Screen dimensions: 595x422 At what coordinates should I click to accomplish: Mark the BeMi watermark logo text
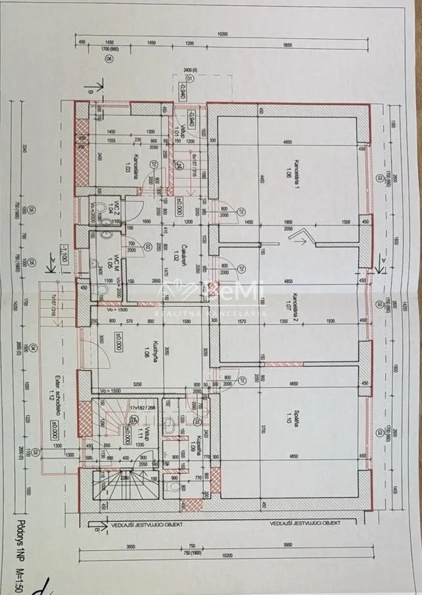[227, 290]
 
